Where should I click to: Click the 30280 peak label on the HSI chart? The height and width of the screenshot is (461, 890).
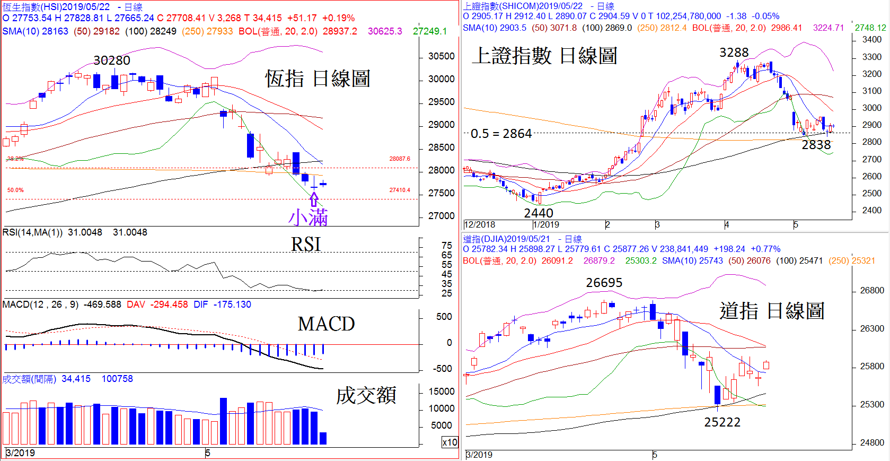point(112,60)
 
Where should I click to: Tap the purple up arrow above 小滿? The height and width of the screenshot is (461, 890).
point(314,199)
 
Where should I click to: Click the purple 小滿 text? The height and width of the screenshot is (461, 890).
point(308,218)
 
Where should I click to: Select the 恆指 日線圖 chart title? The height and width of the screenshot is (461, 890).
point(318,79)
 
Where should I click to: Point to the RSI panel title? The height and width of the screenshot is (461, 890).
point(306,244)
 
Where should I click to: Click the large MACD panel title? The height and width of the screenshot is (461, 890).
point(326,324)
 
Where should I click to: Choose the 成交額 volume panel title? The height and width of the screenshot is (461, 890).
point(366,395)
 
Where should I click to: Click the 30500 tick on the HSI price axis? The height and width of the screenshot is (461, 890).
point(441,56)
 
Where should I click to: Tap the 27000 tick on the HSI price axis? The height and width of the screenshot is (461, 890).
point(441,216)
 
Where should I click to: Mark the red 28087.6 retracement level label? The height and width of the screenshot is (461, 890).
point(400,159)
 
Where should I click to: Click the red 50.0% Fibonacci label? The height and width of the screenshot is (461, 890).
point(15,190)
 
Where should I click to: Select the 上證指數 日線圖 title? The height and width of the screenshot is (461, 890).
point(544,56)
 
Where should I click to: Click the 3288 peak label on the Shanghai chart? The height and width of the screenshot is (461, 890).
point(734,53)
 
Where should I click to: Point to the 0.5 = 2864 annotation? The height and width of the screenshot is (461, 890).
point(501,134)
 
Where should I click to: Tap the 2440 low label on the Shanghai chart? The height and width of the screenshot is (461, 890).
point(539,213)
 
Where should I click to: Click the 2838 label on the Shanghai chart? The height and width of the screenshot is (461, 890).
point(816,145)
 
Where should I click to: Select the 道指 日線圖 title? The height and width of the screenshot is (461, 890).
point(772,311)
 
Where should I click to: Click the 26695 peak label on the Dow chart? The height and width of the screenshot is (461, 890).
point(604,283)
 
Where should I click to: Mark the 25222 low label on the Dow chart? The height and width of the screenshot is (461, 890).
point(722,422)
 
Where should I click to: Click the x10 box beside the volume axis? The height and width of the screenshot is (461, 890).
point(450,442)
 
